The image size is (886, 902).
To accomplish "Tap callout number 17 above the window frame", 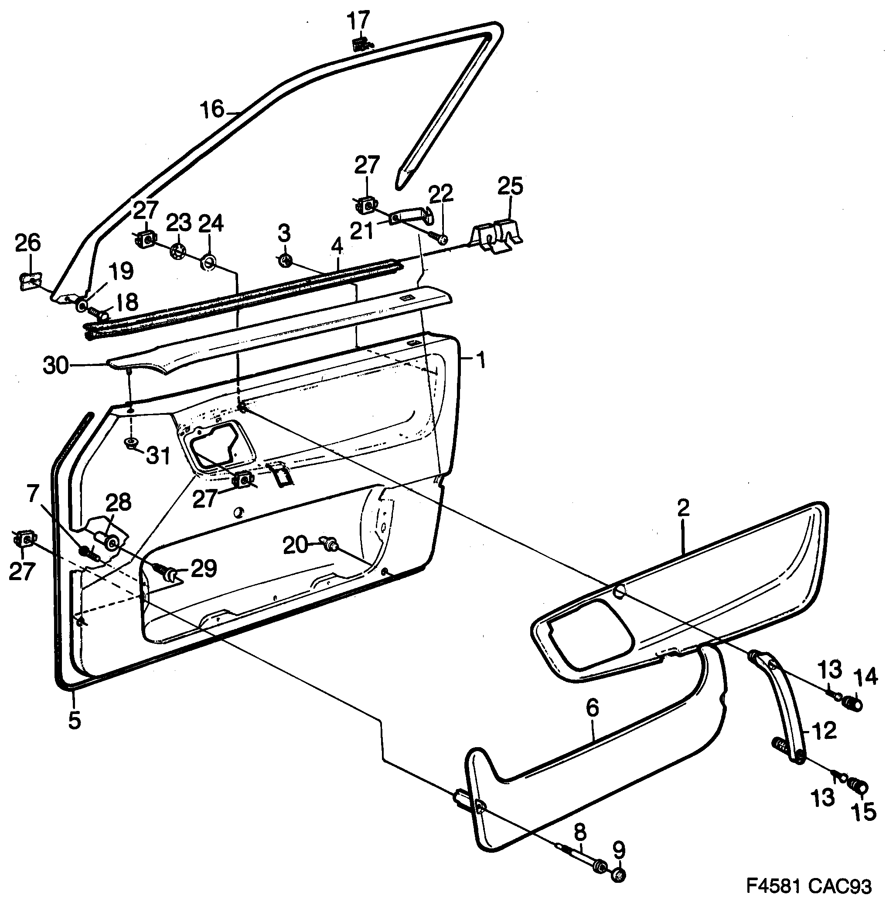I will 359,20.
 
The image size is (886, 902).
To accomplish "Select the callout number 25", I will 510,185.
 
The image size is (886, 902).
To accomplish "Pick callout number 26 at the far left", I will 28,243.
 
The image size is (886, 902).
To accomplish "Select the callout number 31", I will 158,455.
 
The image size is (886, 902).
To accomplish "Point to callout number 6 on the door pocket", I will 593,708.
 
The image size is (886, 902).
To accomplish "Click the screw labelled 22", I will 441,239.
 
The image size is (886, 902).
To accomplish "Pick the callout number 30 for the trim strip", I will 56,366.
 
